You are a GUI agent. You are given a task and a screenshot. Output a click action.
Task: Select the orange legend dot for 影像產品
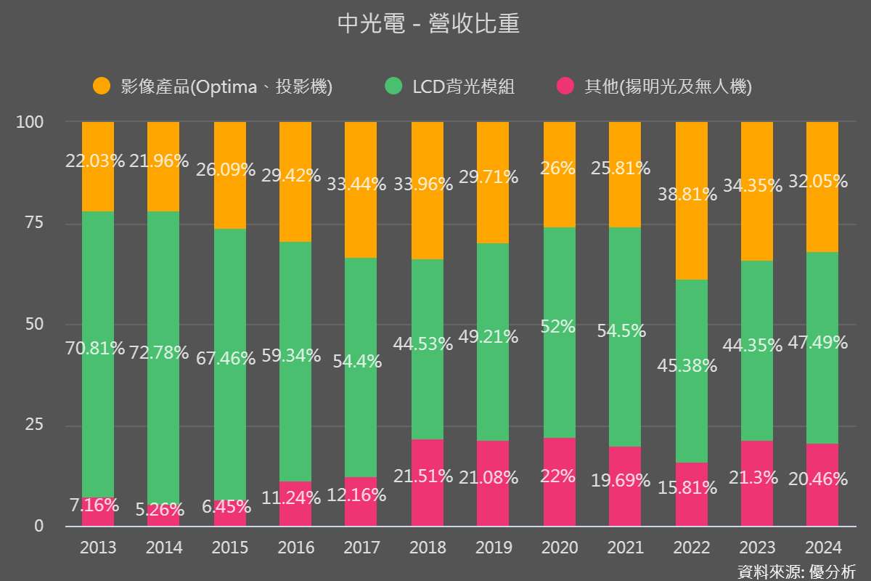(102, 86)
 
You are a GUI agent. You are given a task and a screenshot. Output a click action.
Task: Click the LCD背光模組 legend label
(463, 87)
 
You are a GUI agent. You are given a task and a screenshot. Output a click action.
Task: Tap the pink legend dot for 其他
(565, 86)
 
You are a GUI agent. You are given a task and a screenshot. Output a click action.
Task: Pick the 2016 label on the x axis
(295, 547)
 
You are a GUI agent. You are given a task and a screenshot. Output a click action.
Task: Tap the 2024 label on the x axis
(822, 547)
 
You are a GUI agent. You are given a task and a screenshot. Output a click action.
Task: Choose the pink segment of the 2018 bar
(428, 501)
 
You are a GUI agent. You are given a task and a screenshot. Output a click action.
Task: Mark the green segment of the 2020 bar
(560, 378)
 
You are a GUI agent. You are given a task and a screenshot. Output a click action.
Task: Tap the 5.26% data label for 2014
(159, 510)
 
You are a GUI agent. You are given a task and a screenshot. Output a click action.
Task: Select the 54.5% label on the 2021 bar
(622, 330)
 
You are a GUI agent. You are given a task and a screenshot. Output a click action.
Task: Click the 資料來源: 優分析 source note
(796, 570)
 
